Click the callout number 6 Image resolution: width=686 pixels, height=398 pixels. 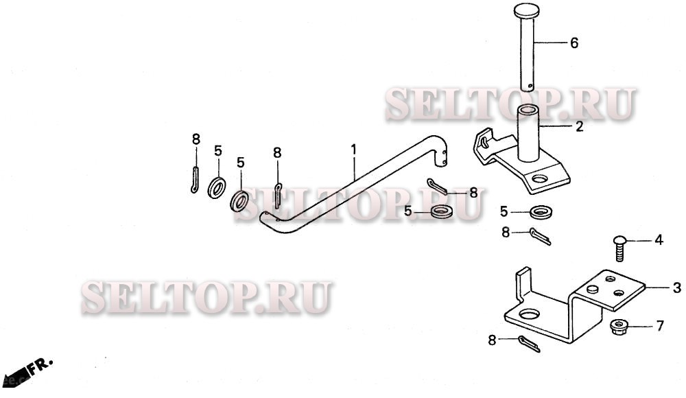coord(574,43)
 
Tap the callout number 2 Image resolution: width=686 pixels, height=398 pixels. coord(579,126)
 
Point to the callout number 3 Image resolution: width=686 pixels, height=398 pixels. coord(676,287)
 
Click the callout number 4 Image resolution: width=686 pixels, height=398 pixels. coord(659,240)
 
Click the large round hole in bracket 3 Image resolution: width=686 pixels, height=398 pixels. coord(530,315)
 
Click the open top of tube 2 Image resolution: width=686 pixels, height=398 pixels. coord(530,110)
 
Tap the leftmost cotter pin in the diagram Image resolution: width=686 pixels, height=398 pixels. coord(195,180)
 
